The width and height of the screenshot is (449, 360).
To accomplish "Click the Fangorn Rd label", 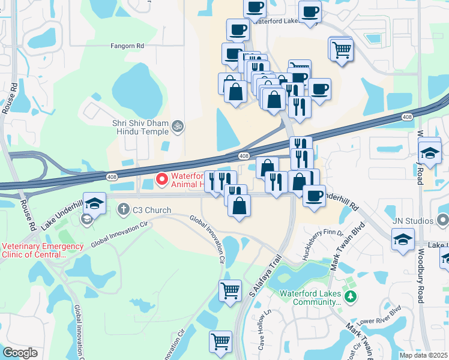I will tap(127, 46).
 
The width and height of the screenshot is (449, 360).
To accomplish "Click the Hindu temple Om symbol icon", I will tap(176, 126).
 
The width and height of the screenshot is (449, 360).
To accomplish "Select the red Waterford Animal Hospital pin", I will tap(161, 179).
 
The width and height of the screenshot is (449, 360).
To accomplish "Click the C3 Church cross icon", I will tap(124, 210).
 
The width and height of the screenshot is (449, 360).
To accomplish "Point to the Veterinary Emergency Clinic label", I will tap(42, 250).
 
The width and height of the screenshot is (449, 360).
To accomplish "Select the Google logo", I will tap(20, 352).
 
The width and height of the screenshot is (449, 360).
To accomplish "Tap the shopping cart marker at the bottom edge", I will tap(220, 341).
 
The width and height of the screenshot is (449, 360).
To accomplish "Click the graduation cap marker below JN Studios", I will tap(403, 239).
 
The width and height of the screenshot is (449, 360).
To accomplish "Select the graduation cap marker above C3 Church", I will tap(94, 203).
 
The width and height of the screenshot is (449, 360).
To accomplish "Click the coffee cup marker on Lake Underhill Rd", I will tap(313, 195).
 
